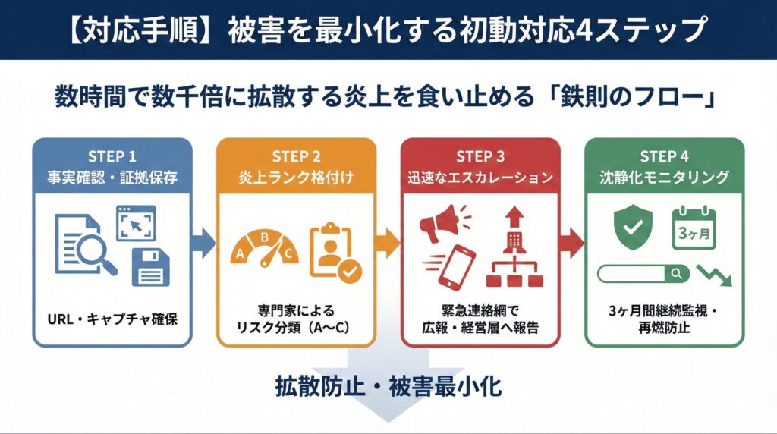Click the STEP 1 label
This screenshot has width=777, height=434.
point(112,156)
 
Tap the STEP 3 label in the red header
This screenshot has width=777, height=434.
point(480,156)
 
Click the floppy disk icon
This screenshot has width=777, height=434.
point(150,266)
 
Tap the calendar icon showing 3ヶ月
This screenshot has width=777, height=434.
point(694,227)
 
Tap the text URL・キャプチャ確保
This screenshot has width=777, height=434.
point(112,318)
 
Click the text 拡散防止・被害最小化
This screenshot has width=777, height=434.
point(388,386)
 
